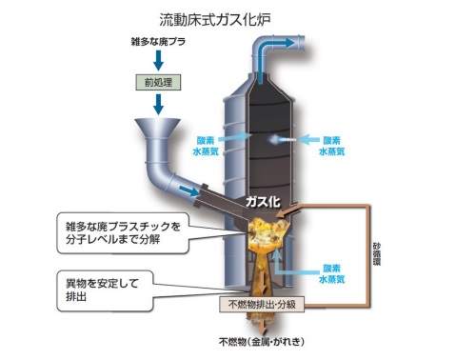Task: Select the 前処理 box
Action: point(154,83)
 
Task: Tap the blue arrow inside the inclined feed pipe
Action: point(192,192)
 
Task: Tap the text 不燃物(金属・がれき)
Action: point(263,340)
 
